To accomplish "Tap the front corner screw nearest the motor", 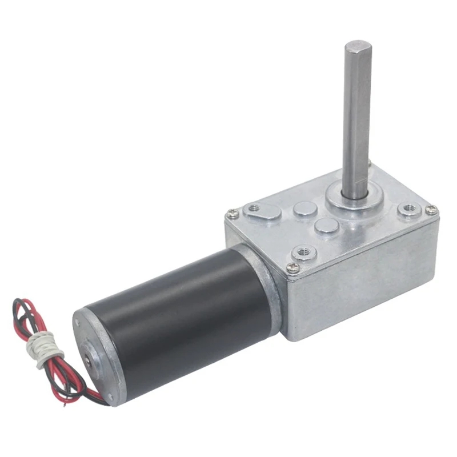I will click(x=293, y=270).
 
